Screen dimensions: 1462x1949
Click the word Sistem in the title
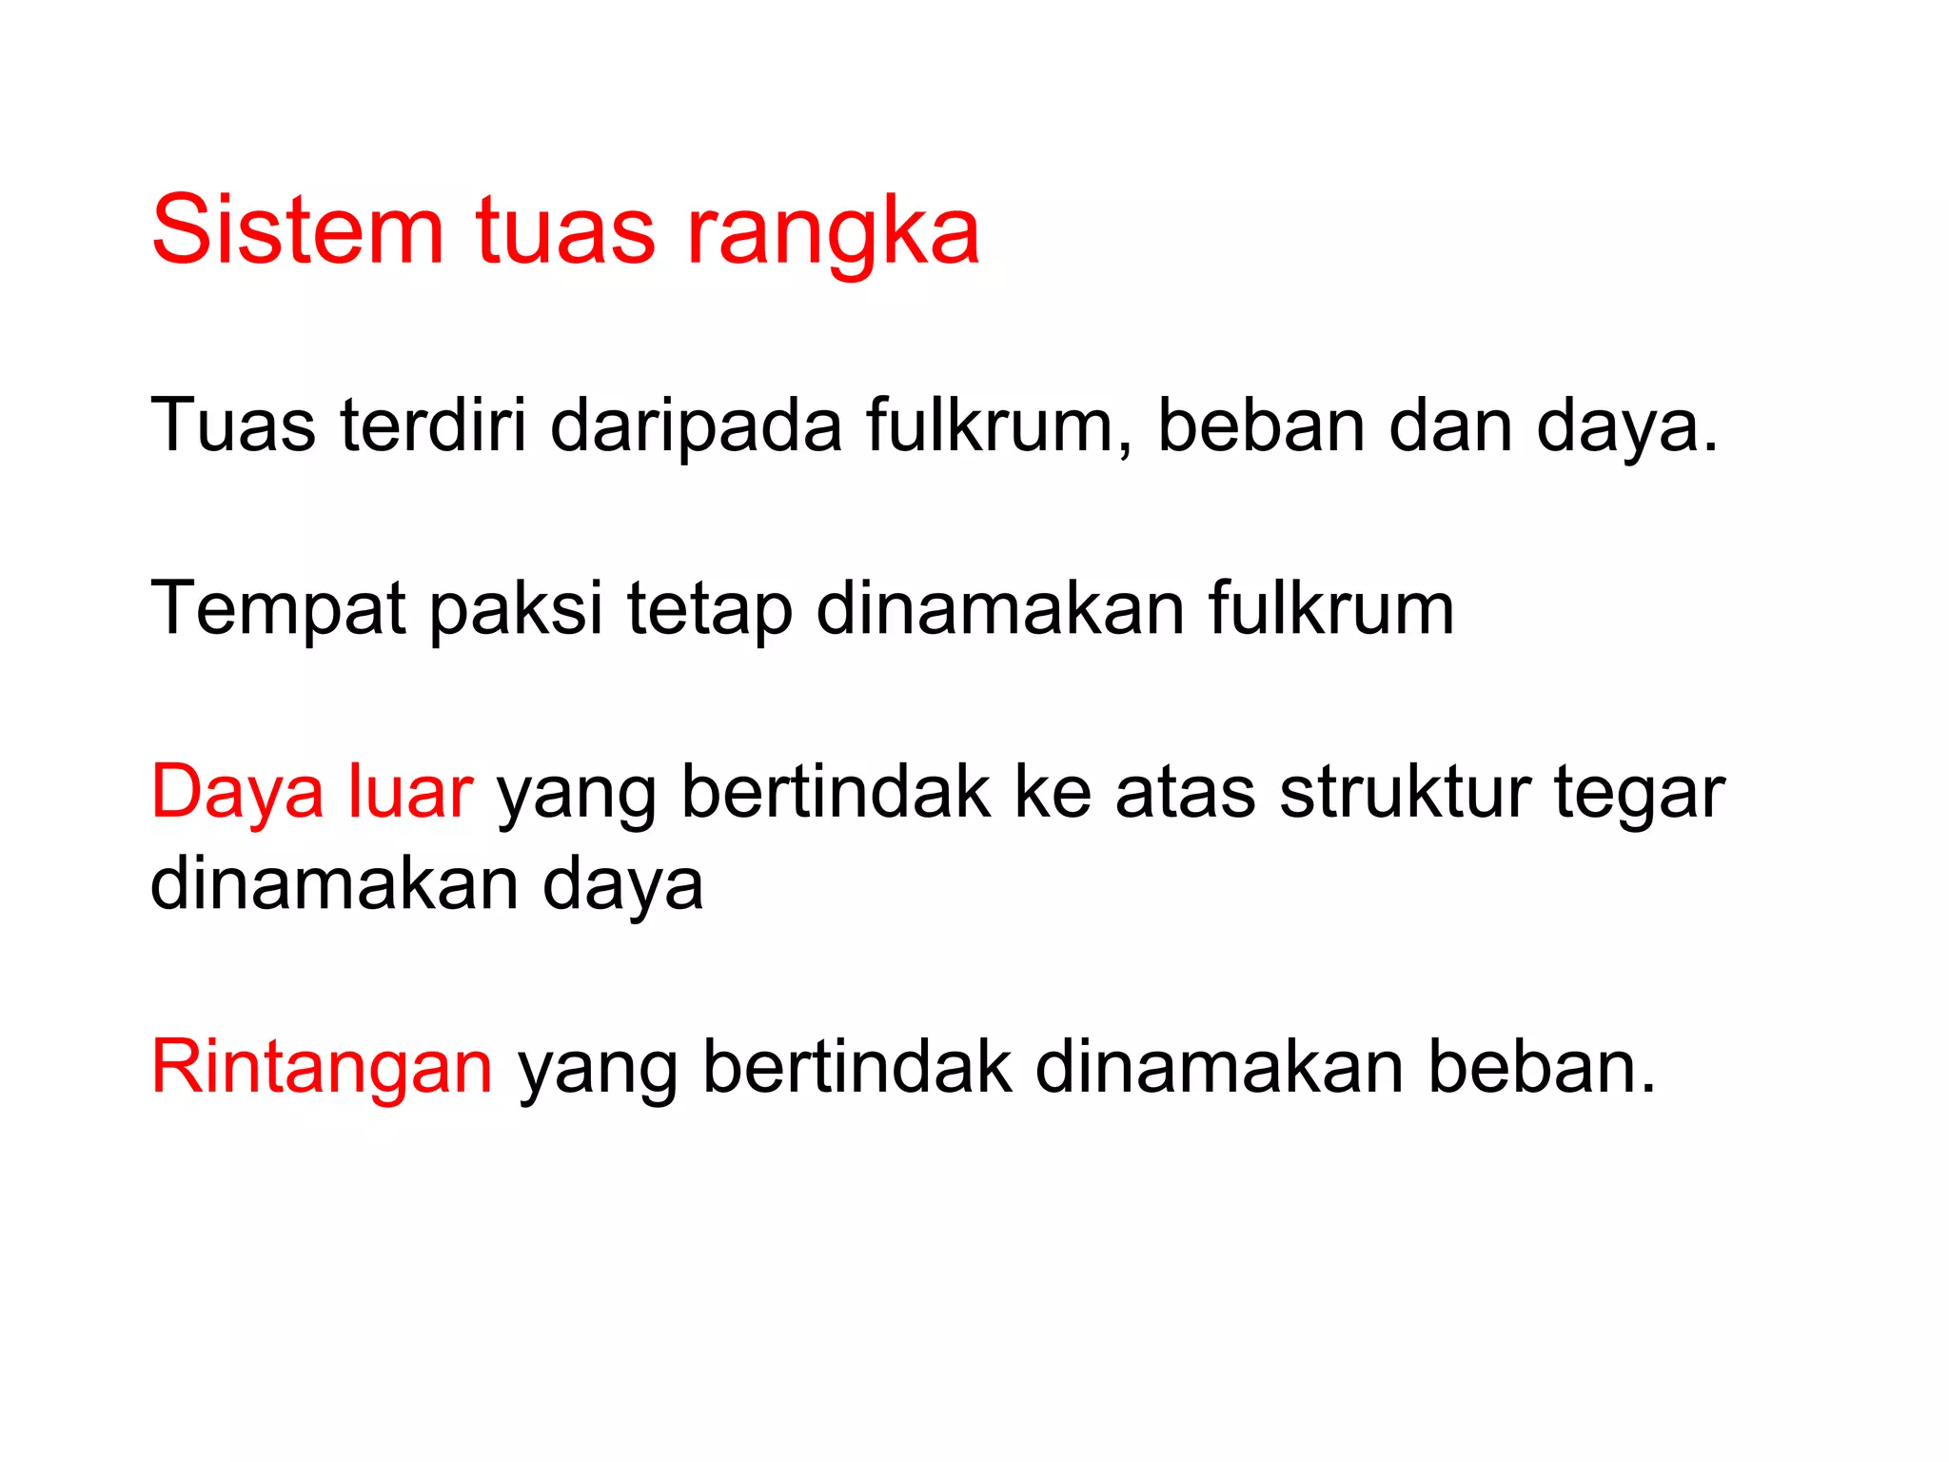(x=298, y=230)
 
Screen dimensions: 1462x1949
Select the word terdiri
(x=433, y=425)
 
